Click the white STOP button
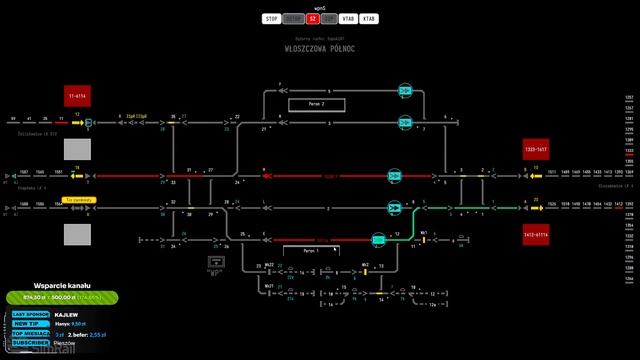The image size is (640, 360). tap(271, 18)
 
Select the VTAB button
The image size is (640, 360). tap(348, 18)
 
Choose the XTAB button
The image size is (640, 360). tap(369, 18)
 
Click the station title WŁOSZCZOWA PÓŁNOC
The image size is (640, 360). tap(320, 48)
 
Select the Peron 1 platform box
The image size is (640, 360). tap(311, 250)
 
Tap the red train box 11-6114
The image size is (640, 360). tap(77, 96)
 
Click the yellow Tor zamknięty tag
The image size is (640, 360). tap(78, 200)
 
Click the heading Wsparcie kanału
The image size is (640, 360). tap(62, 284)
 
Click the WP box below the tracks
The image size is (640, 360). tap(213, 263)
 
